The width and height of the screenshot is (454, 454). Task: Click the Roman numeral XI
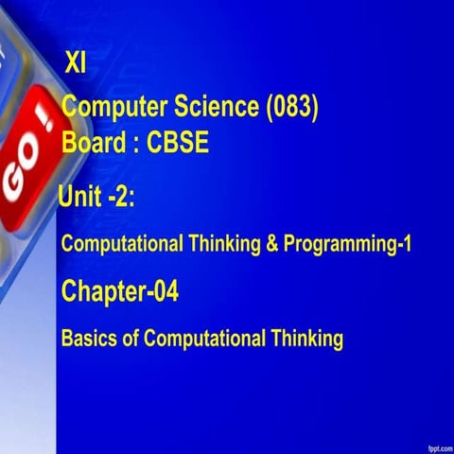[75, 64]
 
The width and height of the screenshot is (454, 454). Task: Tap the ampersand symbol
[271, 243]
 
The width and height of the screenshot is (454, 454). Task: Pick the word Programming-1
[347, 244]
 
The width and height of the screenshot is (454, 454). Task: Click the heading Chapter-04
[119, 292]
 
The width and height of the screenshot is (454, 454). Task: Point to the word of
[131, 338]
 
